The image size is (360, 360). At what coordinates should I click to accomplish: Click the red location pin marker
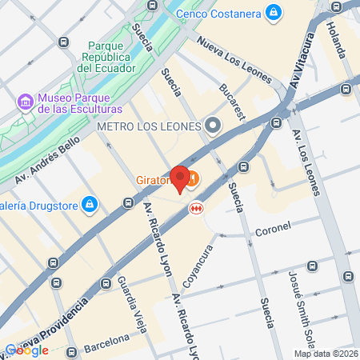click(x=181, y=178)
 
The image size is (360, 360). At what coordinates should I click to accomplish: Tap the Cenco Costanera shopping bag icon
click(x=274, y=12)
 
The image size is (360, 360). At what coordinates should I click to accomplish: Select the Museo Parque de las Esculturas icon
click(x=26, y=102)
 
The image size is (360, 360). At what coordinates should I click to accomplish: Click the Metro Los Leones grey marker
click(x=213, y=126)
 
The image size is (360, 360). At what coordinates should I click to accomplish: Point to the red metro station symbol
click(x=194, y=208)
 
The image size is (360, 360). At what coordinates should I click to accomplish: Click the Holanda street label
click(x=334, y=37)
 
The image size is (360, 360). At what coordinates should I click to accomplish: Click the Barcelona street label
click(x=106, y=342)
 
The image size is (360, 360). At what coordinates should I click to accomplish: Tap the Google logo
click(x=26, y=350)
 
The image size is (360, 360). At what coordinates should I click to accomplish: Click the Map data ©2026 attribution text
click(x=326, y=354)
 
